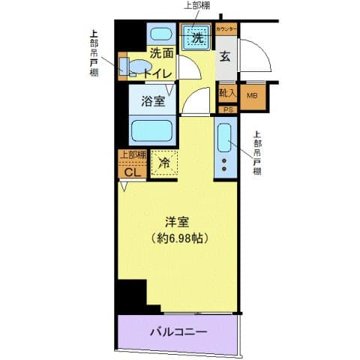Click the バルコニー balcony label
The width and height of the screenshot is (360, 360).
pos(177,331)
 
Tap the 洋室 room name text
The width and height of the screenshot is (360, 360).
pos(178,221)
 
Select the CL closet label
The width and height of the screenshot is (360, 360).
pos(132,172)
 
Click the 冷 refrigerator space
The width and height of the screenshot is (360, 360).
pos(163,160)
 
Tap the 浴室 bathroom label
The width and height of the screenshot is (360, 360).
pos(150,102)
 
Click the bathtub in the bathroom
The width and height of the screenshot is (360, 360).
pos(153,130)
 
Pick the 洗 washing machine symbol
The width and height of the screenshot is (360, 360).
pos(197,37)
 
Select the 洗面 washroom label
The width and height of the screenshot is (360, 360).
pos(160,53)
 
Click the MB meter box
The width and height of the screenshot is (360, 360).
pos(252,94)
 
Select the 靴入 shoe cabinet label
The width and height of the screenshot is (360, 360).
pos(226,94)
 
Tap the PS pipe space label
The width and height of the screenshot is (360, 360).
pos(226,109)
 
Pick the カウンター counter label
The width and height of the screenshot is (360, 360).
pos(226,28)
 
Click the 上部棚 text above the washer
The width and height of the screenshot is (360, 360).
pos(197,6)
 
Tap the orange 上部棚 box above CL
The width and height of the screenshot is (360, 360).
pos(132,155)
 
